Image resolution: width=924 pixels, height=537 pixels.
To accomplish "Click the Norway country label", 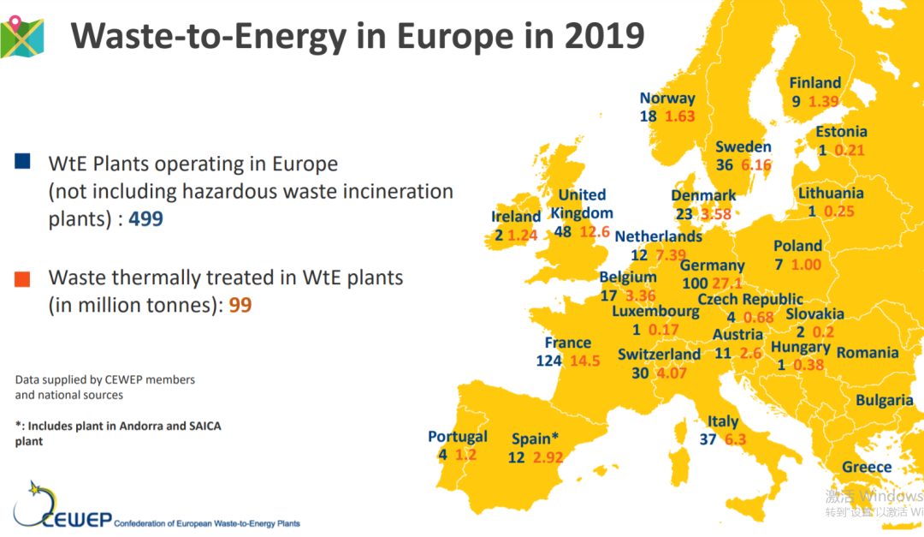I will (667, 98).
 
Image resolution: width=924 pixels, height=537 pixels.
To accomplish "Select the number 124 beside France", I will (548, 361).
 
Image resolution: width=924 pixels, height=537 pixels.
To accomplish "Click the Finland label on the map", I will (815, 83).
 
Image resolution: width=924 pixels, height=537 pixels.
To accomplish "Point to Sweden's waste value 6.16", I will (756, 165).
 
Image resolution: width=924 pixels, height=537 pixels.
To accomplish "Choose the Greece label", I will (867, 468).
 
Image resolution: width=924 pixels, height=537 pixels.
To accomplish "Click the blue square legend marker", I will (23, 161).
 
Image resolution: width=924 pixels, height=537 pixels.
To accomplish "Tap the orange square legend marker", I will (23, 278).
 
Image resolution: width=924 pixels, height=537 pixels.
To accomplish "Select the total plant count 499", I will (145, 219).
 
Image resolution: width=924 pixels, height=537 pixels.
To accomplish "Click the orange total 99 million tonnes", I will (240, 305).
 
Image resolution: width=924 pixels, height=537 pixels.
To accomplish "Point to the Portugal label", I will (458, 437).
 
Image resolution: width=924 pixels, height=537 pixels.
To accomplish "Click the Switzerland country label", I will (659, 355).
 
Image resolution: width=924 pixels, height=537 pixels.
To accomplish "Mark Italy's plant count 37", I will (707, 440).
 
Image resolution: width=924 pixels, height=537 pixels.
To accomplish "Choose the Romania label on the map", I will (868, 353).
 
